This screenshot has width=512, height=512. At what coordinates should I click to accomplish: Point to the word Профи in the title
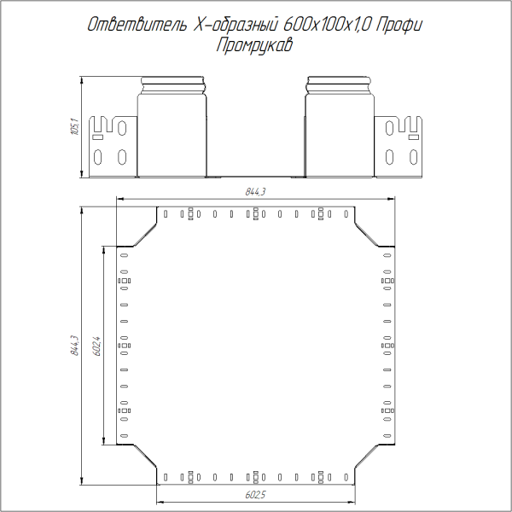[401, 26]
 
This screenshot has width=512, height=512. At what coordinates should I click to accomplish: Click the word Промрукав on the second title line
[255, 46]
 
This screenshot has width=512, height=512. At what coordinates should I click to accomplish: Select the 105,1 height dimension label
[74, 128]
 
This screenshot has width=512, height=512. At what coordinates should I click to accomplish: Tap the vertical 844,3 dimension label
[74, 346]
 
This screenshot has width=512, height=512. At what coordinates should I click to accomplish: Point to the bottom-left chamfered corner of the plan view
[137, 464]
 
